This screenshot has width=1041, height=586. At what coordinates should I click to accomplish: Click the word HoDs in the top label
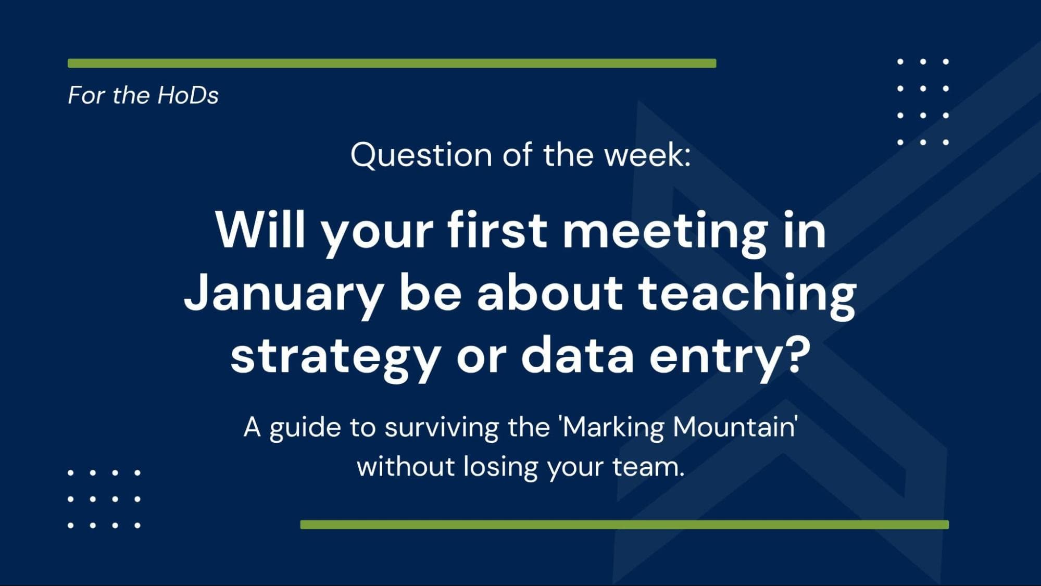pos(188,95)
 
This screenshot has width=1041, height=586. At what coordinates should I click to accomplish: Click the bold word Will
pos(260,230)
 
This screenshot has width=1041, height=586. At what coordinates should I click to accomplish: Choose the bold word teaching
pos(747,295)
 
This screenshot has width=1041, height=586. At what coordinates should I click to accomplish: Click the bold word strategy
pos(335,357)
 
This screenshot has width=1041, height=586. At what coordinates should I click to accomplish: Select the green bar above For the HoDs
pos(392,64)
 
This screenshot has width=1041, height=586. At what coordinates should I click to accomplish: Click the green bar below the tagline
pos(624,525)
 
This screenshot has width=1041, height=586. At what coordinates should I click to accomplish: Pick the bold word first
pos(497,230)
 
